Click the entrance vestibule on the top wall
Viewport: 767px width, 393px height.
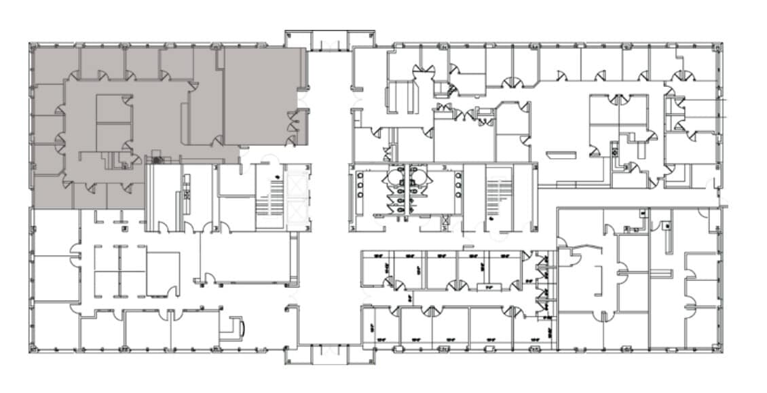[329, 39]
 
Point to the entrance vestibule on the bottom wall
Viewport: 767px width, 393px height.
[329, 354]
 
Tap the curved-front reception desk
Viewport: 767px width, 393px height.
[238, 326]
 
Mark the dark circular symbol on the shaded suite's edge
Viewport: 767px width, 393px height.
[157, 160]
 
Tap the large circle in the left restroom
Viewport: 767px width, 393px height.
[396, 176]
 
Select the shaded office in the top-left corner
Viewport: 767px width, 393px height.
[54, 64]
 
